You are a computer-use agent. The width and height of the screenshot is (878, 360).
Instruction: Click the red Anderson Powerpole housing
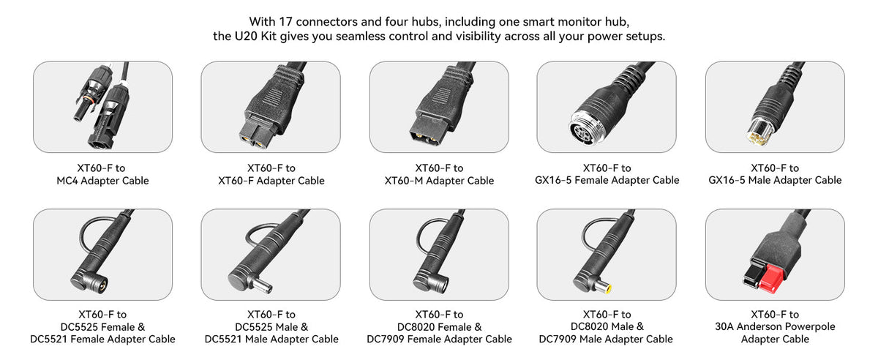pyautogui.click(x=771, y=280)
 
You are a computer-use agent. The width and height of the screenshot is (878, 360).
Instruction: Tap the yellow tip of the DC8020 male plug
pyautogui.click(x=607, y=290)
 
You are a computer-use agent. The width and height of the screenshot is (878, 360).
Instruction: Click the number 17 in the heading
pyautogui.click(x=285, y=21)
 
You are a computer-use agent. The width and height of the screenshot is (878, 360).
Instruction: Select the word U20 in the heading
pyautogui.click(x=246, y=37)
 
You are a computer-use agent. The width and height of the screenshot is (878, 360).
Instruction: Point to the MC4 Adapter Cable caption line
pyautogui.click(x=102, y=181)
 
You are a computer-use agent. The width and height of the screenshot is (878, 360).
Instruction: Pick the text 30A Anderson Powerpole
pyautogui.click(x=775, y=326)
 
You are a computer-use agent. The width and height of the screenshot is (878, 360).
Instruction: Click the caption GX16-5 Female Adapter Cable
pyautogui.click(x=607, y=181)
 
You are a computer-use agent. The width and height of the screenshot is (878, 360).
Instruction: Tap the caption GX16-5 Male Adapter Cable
pyautogui.click(x=775, y=181)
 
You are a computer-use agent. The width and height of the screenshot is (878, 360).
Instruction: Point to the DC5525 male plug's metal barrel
pyautogui.click(x=262, y=285)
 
